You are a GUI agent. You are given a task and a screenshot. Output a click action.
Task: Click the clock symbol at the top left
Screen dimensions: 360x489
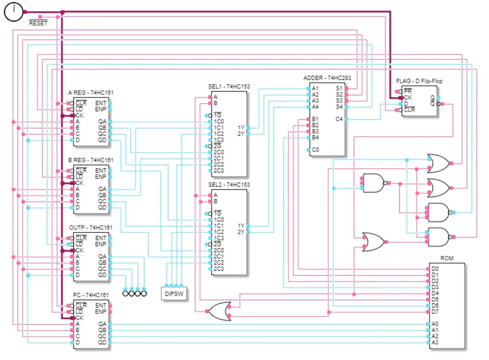click(x=13, y=12)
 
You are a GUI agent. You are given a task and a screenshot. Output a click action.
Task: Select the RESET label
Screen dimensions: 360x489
click(x=38, y=23)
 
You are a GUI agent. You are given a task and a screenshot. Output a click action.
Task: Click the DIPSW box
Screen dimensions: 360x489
click(x=174, y=294)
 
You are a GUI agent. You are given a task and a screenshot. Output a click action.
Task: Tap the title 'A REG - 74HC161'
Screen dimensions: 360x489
click(x=91, y=93)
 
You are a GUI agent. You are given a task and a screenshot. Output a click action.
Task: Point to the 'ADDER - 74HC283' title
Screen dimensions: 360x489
click(x=327, y=78)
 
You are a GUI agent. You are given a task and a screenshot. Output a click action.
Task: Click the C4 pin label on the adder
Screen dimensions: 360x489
click(x=339, y=119)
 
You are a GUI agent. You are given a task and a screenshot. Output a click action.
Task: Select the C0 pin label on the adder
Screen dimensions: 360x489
click(x=315, y=150)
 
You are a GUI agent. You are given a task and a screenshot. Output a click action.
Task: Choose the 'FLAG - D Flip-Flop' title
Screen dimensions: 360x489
click(x=419, y=81)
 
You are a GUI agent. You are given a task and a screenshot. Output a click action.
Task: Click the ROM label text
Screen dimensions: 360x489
click(x=447, y=258)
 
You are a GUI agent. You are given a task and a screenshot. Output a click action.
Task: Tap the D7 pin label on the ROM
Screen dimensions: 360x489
click(x=435, y=312)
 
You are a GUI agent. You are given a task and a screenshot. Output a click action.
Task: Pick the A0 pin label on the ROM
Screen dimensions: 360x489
click(x=435, y=324)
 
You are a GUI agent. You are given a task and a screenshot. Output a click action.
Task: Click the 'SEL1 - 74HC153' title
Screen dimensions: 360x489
click(x=229, y=86)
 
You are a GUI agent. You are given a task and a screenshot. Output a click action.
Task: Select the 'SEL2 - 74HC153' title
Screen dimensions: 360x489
click(x=229, y=185)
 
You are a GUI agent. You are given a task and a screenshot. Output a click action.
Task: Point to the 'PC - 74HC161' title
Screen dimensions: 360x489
click(x=91, y=295)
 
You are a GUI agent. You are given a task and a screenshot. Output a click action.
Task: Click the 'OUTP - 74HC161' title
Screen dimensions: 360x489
click(x=91, y=227)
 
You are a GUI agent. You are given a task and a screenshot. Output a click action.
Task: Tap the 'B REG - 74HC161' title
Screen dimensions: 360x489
click(x=91, y=160)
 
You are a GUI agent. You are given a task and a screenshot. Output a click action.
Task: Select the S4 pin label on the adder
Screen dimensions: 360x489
click(x=339, y=107)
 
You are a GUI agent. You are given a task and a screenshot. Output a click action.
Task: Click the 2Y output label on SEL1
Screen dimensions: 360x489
click(x=241, y=134)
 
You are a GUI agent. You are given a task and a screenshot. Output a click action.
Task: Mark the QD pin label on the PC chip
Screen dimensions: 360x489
click(x=102, y=342)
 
